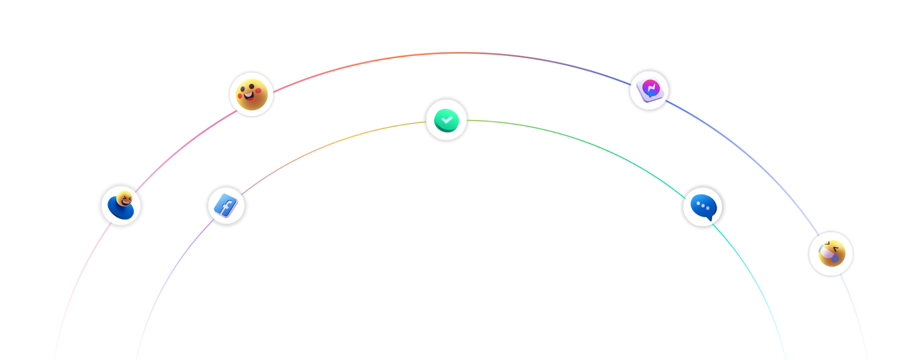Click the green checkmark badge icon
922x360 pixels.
coord(447,120)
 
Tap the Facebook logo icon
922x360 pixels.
coord(226,206)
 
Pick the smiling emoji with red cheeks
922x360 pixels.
coord(252,95)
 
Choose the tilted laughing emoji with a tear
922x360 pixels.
coord(831,254)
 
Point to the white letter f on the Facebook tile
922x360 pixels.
coord(226,207)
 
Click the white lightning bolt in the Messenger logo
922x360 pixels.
coord(651,88)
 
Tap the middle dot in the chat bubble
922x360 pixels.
coord(703,207)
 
